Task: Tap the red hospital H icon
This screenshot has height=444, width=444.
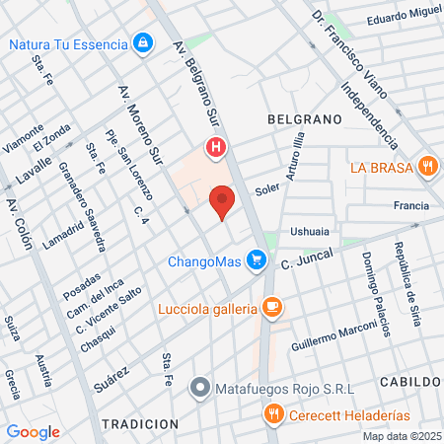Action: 216,149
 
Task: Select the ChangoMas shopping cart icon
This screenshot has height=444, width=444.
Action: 258,260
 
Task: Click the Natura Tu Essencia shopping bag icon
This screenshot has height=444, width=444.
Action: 144,43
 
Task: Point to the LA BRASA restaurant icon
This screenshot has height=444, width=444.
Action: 426,166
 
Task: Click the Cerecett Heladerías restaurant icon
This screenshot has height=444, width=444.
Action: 275,415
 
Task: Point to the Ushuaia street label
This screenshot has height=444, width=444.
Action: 309,233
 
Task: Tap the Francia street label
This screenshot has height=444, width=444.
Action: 410,206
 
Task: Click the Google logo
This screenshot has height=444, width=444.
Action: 33,431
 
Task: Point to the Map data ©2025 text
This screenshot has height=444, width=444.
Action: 400,436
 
